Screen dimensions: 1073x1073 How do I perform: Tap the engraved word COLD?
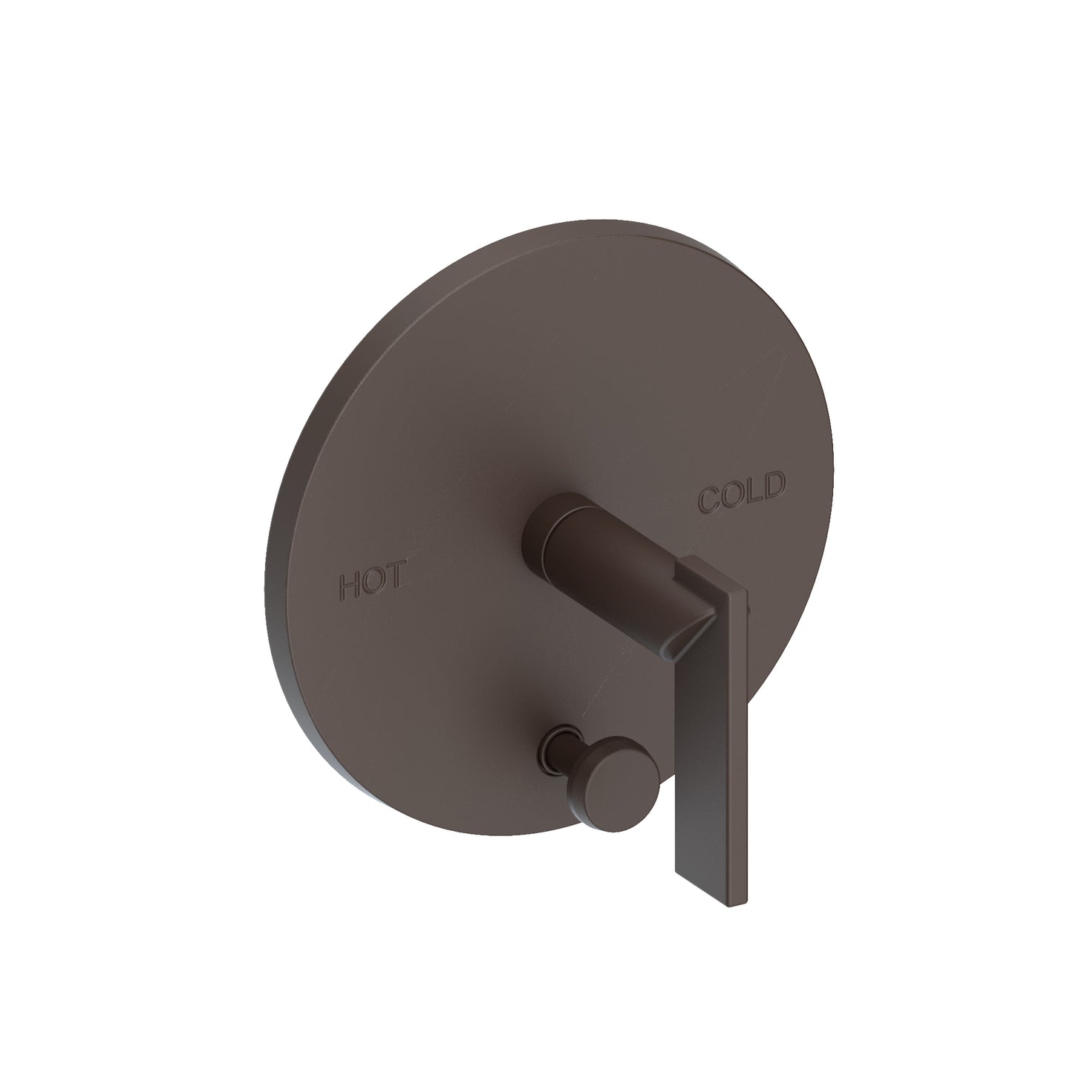tap(740, 492)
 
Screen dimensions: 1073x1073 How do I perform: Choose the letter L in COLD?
tap(750, 490)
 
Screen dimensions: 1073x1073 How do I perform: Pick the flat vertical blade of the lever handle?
tap(705, 728)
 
